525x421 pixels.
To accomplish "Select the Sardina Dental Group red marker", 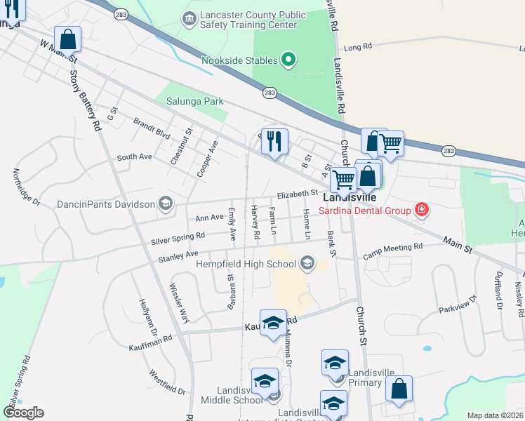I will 421,209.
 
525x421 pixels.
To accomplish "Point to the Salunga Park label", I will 194,101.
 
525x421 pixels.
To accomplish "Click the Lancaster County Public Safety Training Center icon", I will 189,18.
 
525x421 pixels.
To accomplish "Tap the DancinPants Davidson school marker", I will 165,204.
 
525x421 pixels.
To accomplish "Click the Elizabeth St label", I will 298,193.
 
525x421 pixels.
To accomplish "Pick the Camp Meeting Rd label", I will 393,248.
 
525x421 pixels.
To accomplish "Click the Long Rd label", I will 357,47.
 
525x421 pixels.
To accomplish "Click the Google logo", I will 23,413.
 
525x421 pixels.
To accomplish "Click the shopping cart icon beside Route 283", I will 390,144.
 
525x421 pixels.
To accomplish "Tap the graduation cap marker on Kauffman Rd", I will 273,323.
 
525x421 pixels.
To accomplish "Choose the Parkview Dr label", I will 458,303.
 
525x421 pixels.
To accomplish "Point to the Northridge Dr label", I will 27,187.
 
